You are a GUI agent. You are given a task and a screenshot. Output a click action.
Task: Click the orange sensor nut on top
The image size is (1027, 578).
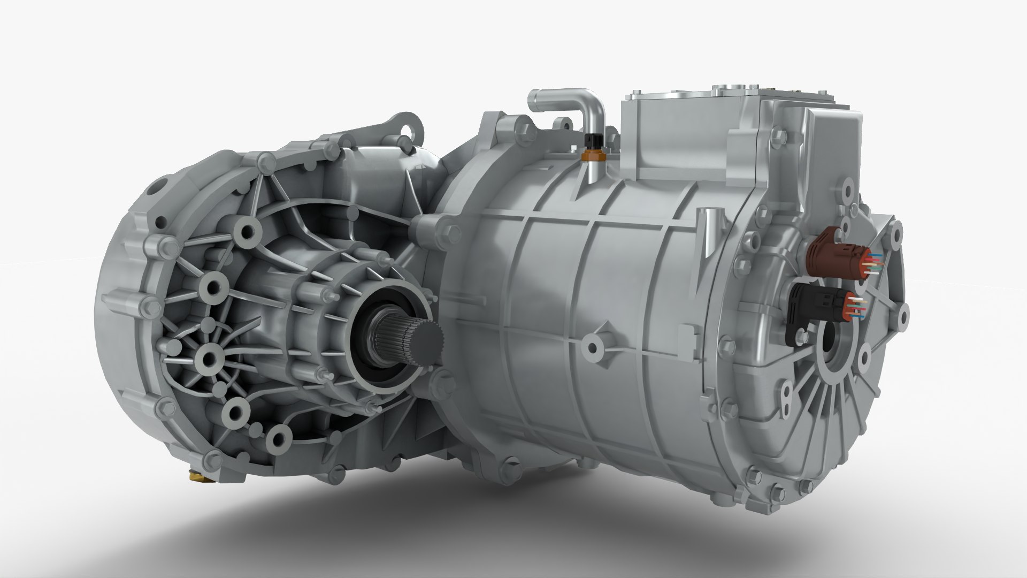pos(591,155)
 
